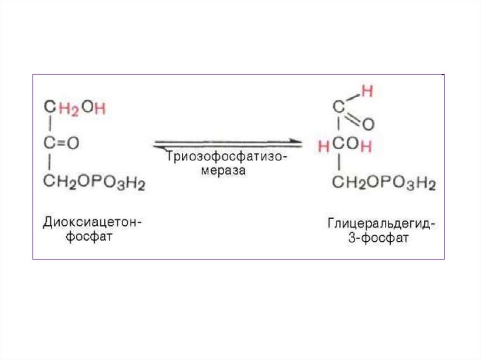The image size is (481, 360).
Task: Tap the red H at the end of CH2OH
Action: [100, 108]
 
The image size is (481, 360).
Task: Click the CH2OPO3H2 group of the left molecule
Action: [94, 182]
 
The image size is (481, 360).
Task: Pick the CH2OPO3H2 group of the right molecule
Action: [384, 183]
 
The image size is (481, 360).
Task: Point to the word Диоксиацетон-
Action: [92, 221]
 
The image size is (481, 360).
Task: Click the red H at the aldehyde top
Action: [367, 92]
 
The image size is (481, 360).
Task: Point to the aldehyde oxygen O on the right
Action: [368, 125]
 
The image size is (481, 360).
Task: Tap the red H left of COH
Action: [323, 146]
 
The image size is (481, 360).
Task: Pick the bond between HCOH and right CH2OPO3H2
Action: [338, 163]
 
